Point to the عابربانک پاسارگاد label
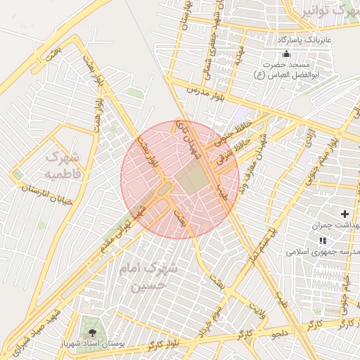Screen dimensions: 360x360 click(x=302, y=39)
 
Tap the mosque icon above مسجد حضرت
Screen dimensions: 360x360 click(x=285, y=54)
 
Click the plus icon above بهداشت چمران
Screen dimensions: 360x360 click(x=345, y=213)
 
